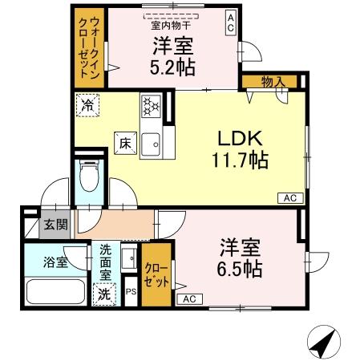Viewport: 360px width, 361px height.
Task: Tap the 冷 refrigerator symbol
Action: tap(87, 104)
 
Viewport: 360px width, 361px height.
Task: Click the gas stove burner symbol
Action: tap(151, 105)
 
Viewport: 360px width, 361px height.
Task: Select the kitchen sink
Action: tap(151, 144)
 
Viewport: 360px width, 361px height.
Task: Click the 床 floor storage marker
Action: tap(125, 142)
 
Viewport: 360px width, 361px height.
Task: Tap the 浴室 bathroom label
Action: tap(55, 262)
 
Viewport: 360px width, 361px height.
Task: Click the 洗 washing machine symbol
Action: tap(104, 294)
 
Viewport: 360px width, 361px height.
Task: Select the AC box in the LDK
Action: tap(289, 197)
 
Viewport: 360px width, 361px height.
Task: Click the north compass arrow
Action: tap(322, 344)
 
